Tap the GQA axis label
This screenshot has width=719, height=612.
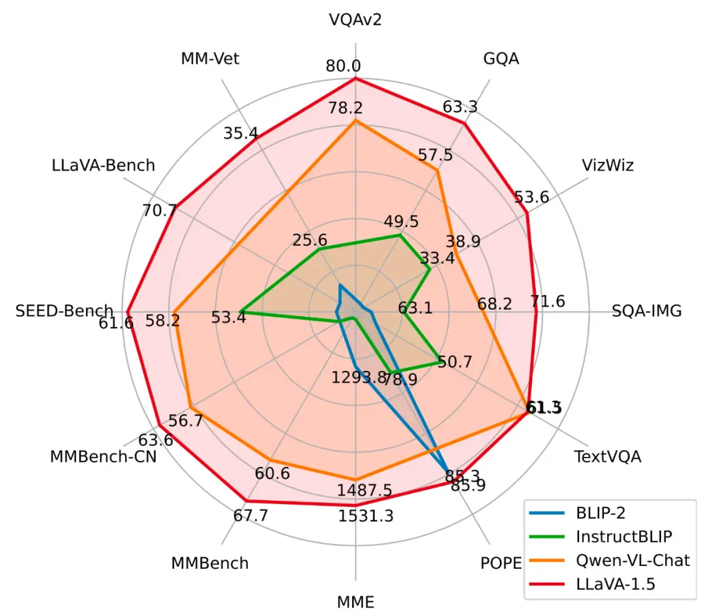[x=501, y=59]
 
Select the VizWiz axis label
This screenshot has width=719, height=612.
[x=607, y=164]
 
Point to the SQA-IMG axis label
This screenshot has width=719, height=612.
[x=646, y=311]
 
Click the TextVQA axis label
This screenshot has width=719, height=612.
[x=608, y=457]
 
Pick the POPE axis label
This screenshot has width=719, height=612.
[x=501, y=563]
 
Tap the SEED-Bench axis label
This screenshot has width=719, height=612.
[x=65, y=311]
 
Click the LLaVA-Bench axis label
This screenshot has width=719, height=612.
[x=103, y=164]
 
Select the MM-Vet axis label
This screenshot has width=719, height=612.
[x=210, y=59]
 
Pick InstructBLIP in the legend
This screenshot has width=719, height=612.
[x=618, y=536]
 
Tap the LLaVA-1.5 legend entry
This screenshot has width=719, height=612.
[x=611, y=584]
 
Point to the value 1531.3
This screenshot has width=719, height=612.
[x=365, y=516]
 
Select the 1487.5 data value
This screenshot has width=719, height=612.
[x=365, y=491]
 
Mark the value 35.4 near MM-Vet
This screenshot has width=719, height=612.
[x=241, y=133]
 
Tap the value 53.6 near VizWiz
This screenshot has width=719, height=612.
[x=532, y=197]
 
